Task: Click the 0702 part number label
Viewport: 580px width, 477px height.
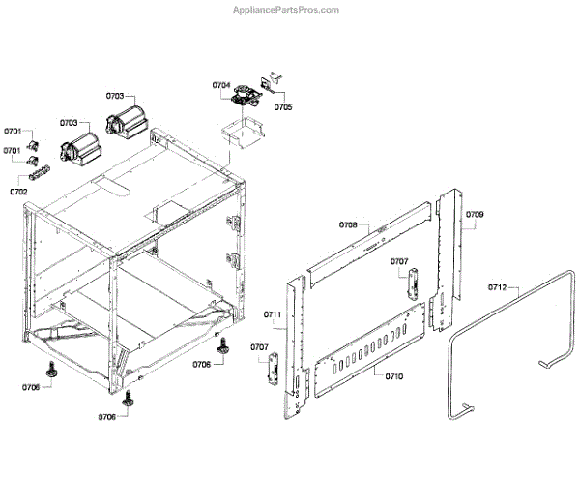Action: (x=18, y=192)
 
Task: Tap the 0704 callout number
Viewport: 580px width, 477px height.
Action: (x=221, y=86)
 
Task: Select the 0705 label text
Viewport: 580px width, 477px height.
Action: (x=283, y=107)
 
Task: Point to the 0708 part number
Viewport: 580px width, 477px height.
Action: (x=348, y=224)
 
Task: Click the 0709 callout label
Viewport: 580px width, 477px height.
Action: (x=475, y=213)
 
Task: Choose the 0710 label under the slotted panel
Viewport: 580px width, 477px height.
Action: (x=393, y=375)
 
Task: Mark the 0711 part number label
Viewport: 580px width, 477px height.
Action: (x=273, y=314)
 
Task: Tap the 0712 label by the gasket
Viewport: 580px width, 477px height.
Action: (x=497, y=287)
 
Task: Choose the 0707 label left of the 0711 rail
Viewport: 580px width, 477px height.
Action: (x=260, y=346)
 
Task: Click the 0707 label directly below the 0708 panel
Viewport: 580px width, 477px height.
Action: (x=400, y=261)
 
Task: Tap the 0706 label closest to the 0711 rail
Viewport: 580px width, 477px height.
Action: (x=202, y=364)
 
